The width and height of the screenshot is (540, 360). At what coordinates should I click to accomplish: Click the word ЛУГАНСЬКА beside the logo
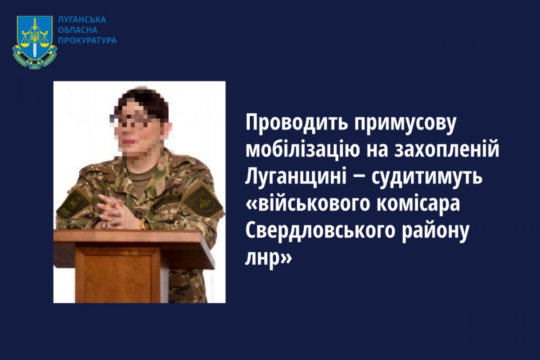82,20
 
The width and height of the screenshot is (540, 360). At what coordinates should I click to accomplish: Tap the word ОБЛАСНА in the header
78,30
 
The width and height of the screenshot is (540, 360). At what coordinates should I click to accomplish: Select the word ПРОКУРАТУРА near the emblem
87,40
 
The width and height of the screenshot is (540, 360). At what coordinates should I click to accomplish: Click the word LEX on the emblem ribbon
35,65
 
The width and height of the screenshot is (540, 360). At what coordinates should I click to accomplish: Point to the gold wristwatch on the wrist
144,224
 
